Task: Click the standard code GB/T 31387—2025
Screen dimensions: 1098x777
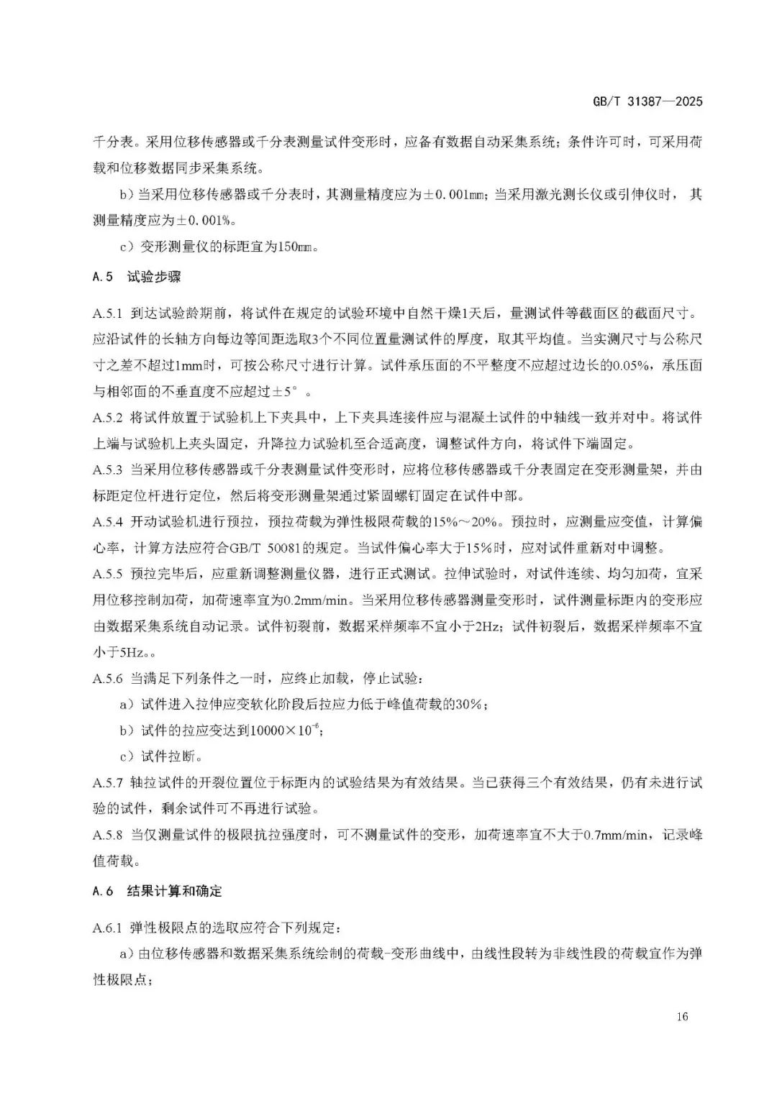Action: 647,101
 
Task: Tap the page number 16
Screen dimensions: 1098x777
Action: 682,1016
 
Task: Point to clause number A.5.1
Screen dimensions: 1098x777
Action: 108,314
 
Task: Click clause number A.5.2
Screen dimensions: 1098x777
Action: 108,418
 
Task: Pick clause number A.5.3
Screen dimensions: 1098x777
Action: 108,470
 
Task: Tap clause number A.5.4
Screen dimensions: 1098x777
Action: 108,522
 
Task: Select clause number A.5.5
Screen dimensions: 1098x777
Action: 108,574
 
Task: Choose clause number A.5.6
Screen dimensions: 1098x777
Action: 108,678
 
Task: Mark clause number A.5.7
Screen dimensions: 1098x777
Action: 108,782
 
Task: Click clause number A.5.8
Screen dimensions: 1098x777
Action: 108,835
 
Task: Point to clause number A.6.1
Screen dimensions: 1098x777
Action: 108,928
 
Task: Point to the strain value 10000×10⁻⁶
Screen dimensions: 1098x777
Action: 284,731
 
